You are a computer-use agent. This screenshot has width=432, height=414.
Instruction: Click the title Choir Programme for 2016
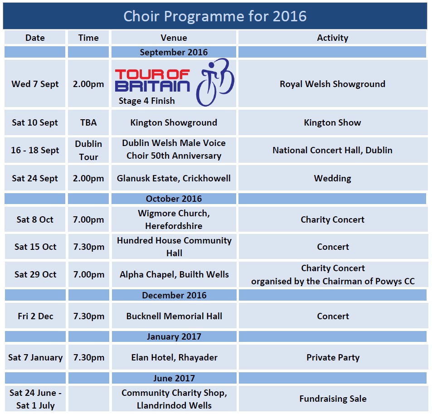click(215, 16)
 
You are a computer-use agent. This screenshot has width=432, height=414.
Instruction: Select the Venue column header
click(174, 38)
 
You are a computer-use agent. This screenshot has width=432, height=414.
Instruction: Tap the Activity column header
click(333, 38)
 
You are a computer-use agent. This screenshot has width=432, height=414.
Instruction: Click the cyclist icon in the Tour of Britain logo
click(215, 82)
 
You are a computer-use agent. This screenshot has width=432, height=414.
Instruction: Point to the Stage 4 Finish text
click(146, 101)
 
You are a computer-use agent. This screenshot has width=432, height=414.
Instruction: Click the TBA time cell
click(88, 122)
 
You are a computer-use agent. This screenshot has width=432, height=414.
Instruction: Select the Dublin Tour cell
click(88, 150)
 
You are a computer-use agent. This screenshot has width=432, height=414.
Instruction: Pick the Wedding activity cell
click(333, 178)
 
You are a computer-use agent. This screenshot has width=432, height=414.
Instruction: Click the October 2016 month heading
click(174, 199)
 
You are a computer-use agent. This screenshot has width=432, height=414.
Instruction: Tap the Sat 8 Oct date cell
click(35, 219)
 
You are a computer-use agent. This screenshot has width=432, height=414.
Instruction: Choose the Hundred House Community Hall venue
click(174, 247)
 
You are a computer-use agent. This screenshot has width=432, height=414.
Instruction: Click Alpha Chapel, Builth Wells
click(174, 274)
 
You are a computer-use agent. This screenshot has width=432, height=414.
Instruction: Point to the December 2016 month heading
click(174, 295)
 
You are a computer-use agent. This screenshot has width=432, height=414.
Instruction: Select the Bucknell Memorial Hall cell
click(174, 316)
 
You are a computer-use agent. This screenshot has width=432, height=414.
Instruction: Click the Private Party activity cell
click(333, 357)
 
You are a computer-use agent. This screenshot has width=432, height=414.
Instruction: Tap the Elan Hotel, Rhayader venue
click(174, 357)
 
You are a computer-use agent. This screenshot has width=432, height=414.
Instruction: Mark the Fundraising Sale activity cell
click(333, 399)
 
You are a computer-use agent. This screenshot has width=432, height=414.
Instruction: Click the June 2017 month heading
click(174, 378)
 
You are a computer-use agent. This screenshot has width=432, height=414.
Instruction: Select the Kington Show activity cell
click(333, 122)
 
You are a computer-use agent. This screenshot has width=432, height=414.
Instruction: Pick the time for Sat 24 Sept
click(88, 178)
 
